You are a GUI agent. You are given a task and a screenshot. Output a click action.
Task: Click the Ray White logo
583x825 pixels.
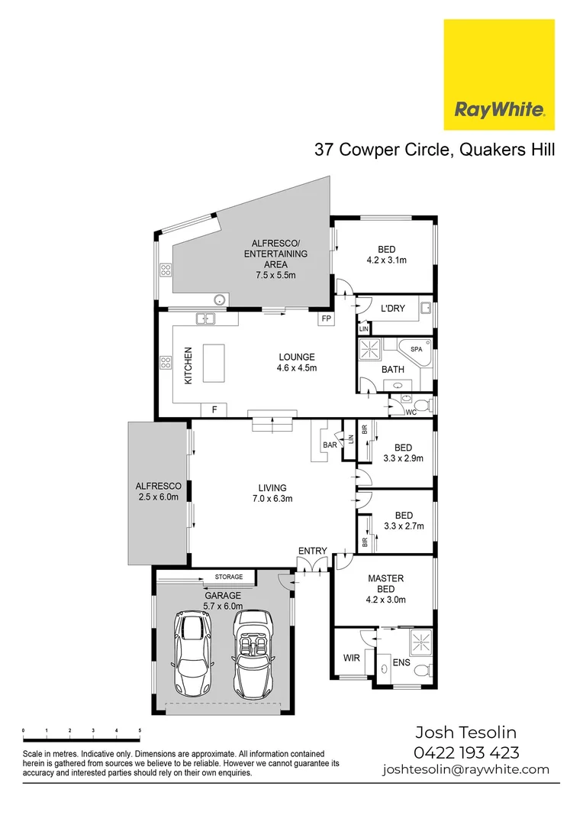click(499, 75)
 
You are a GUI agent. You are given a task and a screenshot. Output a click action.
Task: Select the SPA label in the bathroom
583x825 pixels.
click(416, 349)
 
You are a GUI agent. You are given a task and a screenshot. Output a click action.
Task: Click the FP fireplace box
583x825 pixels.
click(327, 318)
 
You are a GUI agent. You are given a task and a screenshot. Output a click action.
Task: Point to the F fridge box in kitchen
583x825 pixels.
click(214, 410)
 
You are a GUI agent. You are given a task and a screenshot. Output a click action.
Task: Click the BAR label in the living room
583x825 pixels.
click(330, 444)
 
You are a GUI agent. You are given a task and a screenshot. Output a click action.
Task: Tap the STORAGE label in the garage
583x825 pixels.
click(228, 577)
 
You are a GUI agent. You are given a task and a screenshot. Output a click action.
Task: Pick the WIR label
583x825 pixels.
click(351, 657)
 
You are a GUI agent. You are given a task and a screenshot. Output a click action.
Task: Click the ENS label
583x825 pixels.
click(401, 663)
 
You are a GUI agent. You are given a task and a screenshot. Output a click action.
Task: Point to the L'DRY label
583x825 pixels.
click(392, 309)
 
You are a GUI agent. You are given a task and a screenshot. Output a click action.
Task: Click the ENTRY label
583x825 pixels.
click(313, 551)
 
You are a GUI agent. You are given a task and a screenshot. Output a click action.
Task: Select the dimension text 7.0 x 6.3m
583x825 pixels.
click(272, 498)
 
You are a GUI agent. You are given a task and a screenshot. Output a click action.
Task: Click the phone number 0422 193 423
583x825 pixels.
click(466, 752)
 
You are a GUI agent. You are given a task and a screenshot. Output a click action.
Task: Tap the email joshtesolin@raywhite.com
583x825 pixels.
click(466, 769)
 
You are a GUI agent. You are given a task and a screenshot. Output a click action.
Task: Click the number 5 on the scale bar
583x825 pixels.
click(140, 731)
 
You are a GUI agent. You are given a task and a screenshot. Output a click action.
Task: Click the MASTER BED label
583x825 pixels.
click(385, 584)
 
